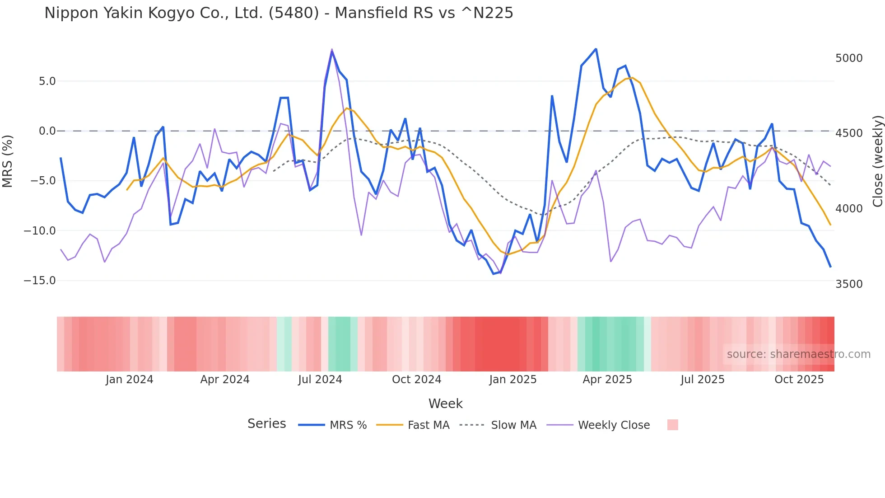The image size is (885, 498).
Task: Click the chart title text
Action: [x=279, y=13]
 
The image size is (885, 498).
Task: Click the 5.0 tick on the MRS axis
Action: [x=47, y=81]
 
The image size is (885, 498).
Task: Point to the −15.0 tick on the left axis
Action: [x=40, y=281]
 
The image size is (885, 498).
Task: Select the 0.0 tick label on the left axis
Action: [x=47, y=131]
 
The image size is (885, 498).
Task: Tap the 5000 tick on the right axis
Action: [x=849, y=58]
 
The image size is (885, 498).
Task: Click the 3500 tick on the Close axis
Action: [x=849, y=284]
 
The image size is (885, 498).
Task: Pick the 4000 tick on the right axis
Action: [x=849, y=209]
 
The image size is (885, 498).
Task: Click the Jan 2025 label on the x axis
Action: [x=512, y=380]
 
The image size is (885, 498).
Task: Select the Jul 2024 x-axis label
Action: [x=320, y=380]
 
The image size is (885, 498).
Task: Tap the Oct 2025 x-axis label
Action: [x=799, y=380]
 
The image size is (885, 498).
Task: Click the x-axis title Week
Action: [x=445, y=404]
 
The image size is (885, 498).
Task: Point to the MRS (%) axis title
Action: [x=8, y=161]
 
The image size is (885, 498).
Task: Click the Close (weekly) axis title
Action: [x=877, y=161]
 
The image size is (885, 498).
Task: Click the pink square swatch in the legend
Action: [x=672, y=425]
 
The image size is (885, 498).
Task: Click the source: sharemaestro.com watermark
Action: [x=798, y=354]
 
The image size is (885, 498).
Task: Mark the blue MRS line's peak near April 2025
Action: [x=596, y=49]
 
